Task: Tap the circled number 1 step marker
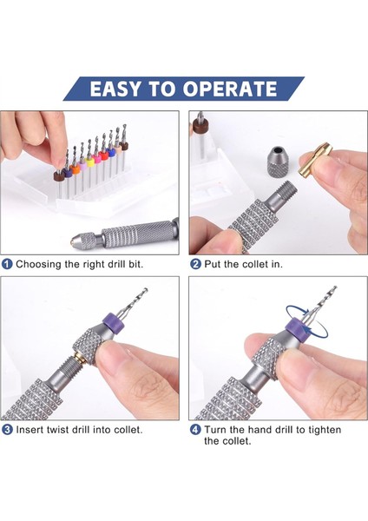(x=7, y=263)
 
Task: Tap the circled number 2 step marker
(x=195, y=263)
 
